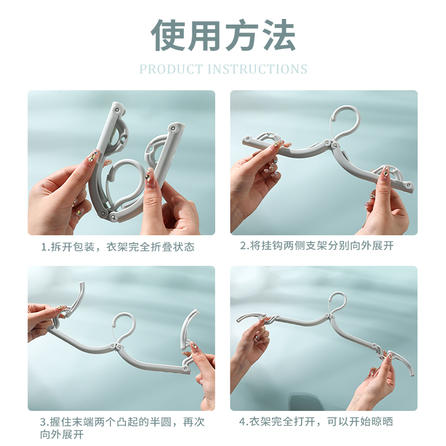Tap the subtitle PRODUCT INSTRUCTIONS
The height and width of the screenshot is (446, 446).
[x=223, y=69]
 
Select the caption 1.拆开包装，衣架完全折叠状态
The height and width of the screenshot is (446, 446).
[x=118, y=246]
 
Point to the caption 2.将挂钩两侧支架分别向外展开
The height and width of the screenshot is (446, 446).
[x=317, y=246]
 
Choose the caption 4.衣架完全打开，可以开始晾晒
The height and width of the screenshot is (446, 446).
[x=316, y=421]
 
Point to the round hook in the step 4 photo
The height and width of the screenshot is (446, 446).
[x=338, y=303]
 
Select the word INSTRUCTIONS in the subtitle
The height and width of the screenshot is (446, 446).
[x=258, y=69]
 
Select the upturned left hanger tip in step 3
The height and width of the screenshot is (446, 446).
[x=77, y=298]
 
